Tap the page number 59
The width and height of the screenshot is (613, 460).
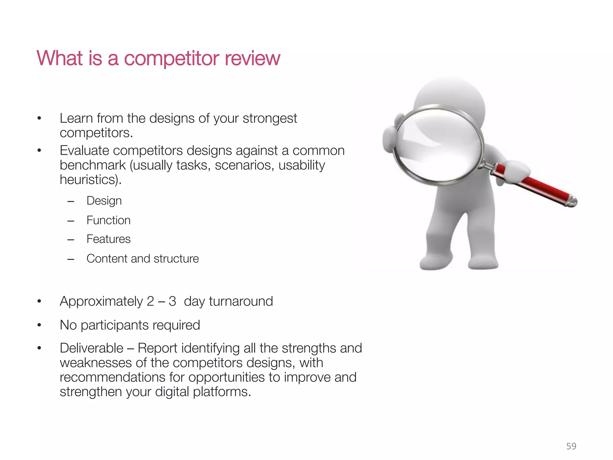[571, 446]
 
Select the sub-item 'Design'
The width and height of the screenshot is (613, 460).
[104, 201]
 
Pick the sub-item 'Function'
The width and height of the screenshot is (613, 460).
[108, 220]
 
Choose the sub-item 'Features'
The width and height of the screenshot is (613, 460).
[108, 239]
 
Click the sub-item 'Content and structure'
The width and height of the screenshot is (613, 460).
[142, 259]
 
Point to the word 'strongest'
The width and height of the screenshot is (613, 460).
[269, 119]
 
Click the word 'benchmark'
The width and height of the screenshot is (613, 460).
[92, 165]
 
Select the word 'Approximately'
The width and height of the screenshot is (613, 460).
[101, 302]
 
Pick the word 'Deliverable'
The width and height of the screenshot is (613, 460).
[91, 348]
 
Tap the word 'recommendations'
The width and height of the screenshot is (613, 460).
[112, 377]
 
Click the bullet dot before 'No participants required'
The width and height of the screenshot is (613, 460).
[39, 325]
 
